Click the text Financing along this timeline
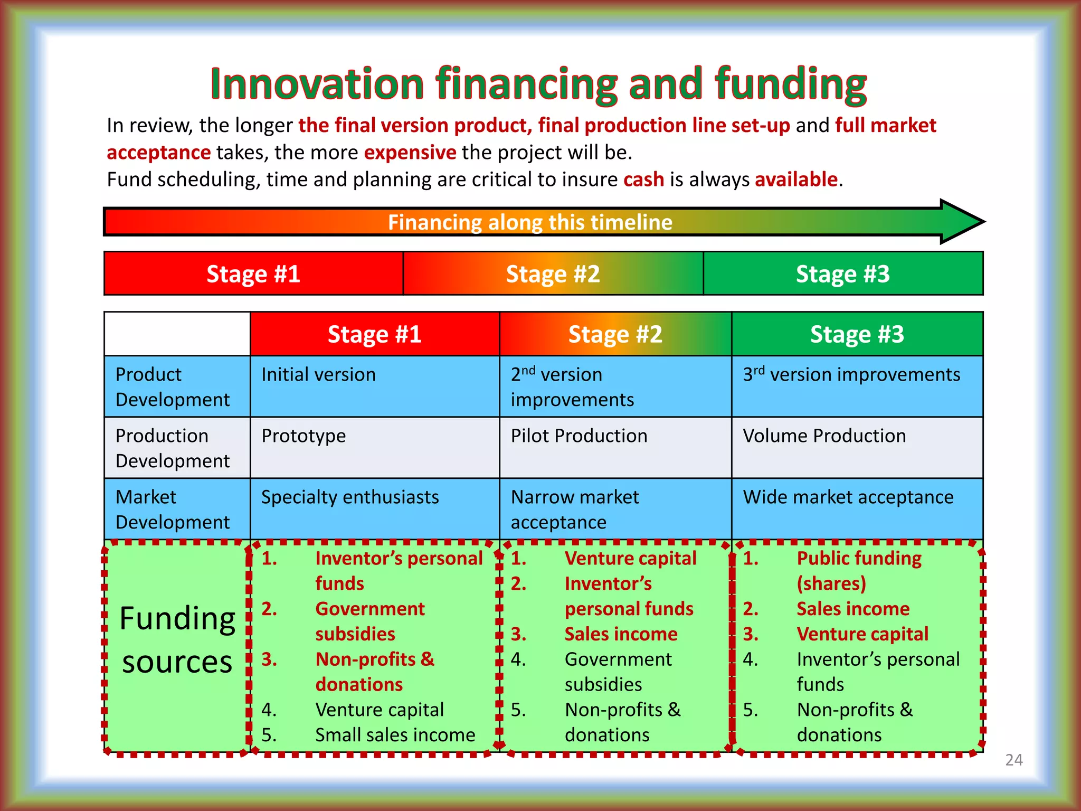(x=530, y=222)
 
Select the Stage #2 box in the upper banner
(x=553, y=274)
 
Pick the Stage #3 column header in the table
(x=857, y=334)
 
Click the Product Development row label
(x=173, y=386)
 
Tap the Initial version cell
(x=318, y=374)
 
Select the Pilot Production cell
(x=579, y=436)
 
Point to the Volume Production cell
(x=824, y=436)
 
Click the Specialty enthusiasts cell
(x=350, y=497)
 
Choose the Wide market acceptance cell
(x=848, y=497)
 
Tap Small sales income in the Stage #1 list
(x=395, y=734)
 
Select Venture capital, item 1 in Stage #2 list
(x=630, y=558)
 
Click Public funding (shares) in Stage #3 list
(x=858, y=570)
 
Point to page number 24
(x=1013, y=760)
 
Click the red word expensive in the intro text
(x=410, y=152)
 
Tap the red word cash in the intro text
(x=643, y=180)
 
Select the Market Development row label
(x=173, y=509)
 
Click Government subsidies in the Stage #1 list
(x=369, y=621)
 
